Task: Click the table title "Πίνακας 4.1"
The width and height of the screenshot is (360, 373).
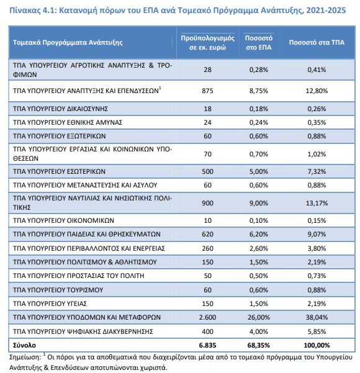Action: [32, 11]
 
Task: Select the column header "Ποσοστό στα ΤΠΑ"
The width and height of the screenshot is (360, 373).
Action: [317, 42]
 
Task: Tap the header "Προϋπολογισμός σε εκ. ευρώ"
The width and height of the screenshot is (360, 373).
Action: [207, 43]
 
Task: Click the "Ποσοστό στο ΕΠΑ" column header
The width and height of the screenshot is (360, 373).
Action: [259, 43]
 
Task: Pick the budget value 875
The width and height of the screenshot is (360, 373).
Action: [207, 91]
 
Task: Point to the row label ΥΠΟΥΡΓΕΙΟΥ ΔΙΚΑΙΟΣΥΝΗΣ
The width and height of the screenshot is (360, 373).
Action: [60, 109]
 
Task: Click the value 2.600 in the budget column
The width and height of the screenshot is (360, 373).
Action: [207, 317]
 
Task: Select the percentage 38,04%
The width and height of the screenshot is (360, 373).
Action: [317, 317]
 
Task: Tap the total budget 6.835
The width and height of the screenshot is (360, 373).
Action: [207, 345]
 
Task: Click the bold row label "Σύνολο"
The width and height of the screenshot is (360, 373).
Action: [24, 345]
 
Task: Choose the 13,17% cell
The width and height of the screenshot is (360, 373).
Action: [317, 203]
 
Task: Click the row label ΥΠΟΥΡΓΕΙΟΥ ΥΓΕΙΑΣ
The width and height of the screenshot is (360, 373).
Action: [50, 303]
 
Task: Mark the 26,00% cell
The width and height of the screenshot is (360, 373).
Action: [259, 317]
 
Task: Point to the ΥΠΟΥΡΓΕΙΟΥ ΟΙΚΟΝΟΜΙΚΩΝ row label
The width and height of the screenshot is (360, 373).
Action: [63, 220]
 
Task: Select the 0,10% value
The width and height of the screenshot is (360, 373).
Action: [259, 220]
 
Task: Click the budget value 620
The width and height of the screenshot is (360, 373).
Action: [207, 235]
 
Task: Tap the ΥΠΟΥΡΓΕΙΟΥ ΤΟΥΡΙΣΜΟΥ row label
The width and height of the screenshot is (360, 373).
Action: [58, 290]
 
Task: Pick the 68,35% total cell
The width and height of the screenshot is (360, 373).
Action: [259, 345]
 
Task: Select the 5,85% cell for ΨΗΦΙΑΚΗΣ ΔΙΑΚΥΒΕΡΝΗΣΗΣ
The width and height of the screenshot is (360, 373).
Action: [317, 331]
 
